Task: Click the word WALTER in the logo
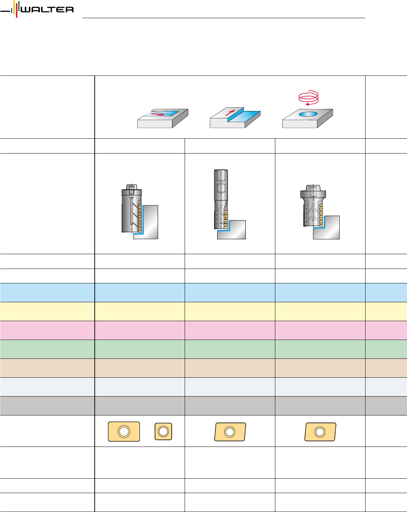(47, 10)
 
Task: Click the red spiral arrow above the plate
(308, 97)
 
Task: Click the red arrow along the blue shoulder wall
(230, 112)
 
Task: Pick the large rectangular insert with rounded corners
(124, 431)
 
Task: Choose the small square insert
(163, 431)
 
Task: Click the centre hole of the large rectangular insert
(124, 431)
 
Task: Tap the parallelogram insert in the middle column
(230, 432)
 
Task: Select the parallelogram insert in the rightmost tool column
(320, 432)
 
